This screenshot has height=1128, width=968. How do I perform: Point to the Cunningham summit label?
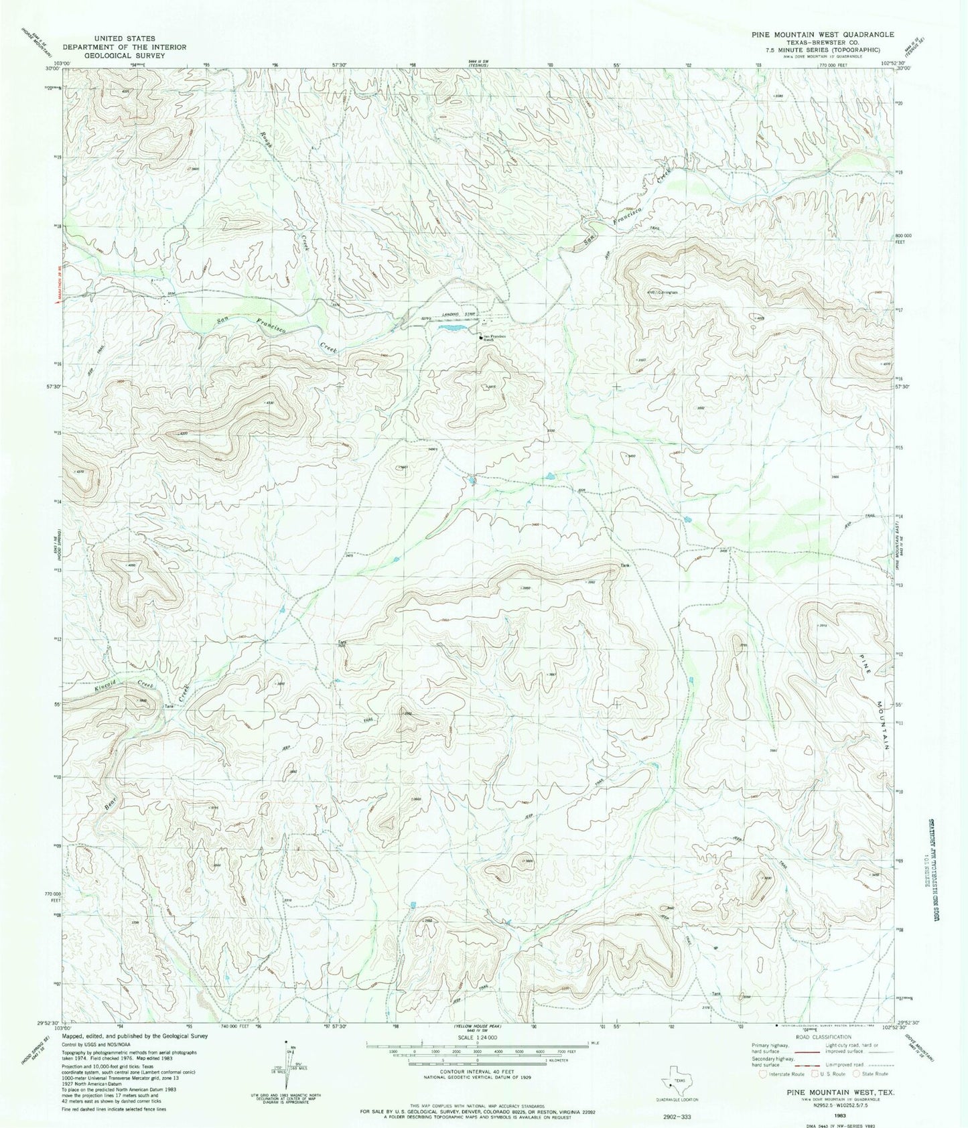tap(667, 292)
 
